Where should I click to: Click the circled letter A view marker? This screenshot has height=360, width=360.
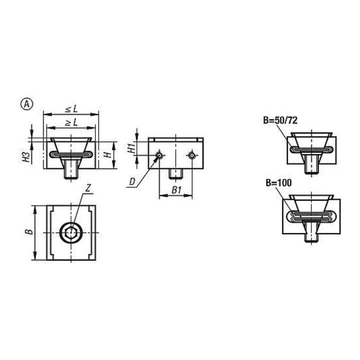tap(27, 104)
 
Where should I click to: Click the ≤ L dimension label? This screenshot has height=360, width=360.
tap(71, 109)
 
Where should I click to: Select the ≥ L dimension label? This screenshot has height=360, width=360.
tap(71, 123)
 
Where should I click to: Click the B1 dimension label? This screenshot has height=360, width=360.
tap(176, 190)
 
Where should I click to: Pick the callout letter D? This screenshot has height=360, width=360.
tap(132, 182)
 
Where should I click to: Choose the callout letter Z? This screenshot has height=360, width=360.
tap(88, 188)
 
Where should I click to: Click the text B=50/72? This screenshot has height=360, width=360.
tap(280, 120)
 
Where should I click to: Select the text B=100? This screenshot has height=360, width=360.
tap(278, 183)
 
